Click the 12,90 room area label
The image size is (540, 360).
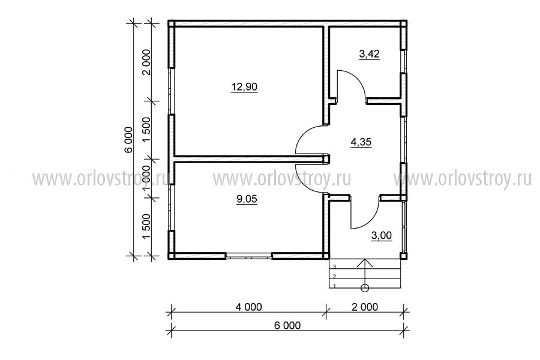(244, 87)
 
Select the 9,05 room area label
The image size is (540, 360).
(247, 199)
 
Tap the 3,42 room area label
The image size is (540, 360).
(369, 54)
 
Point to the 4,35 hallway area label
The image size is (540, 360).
(361, 142)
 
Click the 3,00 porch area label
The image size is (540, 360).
(381, 236)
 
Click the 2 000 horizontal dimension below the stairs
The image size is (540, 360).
(365, 307)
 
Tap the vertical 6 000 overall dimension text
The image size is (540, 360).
(128, 140)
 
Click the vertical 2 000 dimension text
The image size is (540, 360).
(147, 62)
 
